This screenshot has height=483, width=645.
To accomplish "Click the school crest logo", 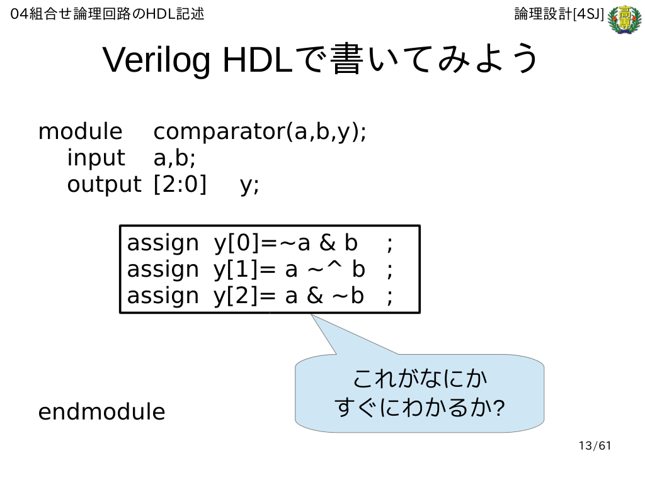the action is [624, 19].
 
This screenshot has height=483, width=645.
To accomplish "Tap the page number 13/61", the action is [595, 446].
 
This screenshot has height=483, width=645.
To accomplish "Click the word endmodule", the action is [101, 412].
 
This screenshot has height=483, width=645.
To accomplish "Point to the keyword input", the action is [96, 158].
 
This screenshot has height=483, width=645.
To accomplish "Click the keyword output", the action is [104, 185].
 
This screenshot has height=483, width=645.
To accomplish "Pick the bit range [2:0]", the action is [180, 184].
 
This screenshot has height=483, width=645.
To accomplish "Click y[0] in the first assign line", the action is [237, 243].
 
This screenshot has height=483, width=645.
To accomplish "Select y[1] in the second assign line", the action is [237, 270].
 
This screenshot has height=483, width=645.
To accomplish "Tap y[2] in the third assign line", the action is [237, 296].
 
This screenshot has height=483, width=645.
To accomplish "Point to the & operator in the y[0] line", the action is [328, 243].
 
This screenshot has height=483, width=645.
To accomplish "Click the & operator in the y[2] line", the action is [315, 296].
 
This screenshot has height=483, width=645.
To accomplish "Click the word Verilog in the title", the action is [156, 60].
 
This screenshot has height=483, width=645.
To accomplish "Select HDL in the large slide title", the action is [258, 60].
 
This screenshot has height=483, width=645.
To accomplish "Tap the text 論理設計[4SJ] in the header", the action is [559, 14].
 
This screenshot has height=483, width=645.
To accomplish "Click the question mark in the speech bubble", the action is [499, 408].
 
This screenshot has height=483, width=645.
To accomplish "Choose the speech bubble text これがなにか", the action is [420, 379].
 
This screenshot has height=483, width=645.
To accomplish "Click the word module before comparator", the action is [80, 132].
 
